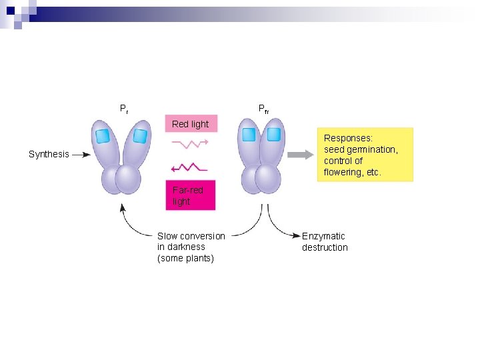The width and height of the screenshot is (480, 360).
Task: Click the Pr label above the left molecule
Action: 124,108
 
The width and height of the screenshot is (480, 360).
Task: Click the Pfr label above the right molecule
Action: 263,108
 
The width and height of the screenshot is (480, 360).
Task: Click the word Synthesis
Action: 49,154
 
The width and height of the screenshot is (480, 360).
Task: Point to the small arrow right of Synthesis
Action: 81,154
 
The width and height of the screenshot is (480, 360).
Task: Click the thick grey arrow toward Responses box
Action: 299,155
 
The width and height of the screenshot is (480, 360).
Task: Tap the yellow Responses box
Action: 364,155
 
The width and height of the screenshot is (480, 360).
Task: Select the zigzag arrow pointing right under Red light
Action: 190,143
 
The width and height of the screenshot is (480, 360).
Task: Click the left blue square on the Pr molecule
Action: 102,136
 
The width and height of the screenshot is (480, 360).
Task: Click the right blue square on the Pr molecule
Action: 139,136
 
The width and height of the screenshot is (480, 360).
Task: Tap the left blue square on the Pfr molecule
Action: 249,135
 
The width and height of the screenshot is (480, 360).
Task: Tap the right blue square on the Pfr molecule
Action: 273,135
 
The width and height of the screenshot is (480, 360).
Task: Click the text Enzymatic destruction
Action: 325,241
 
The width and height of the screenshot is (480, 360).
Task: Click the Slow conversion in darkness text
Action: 191,247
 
